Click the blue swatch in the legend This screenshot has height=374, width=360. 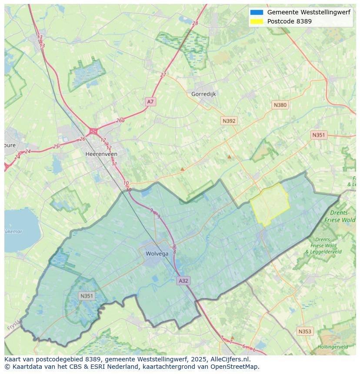257,13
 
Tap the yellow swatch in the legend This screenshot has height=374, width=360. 257,21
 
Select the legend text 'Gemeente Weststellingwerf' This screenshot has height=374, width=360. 309,13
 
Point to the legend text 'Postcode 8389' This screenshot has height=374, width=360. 289,21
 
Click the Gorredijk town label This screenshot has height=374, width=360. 203,94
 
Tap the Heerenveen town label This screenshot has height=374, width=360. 101,154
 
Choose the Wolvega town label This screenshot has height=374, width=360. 157,254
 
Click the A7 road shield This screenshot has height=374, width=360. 150,102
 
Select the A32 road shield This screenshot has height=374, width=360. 183,281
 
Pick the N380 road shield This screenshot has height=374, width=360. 280,105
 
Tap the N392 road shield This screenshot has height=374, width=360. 229,121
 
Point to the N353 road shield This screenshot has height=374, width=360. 305,331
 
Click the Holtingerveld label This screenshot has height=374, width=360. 333,347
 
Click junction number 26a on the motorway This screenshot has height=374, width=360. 120,121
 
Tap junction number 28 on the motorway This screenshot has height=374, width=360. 195,23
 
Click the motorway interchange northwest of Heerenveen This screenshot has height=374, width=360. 93,131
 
